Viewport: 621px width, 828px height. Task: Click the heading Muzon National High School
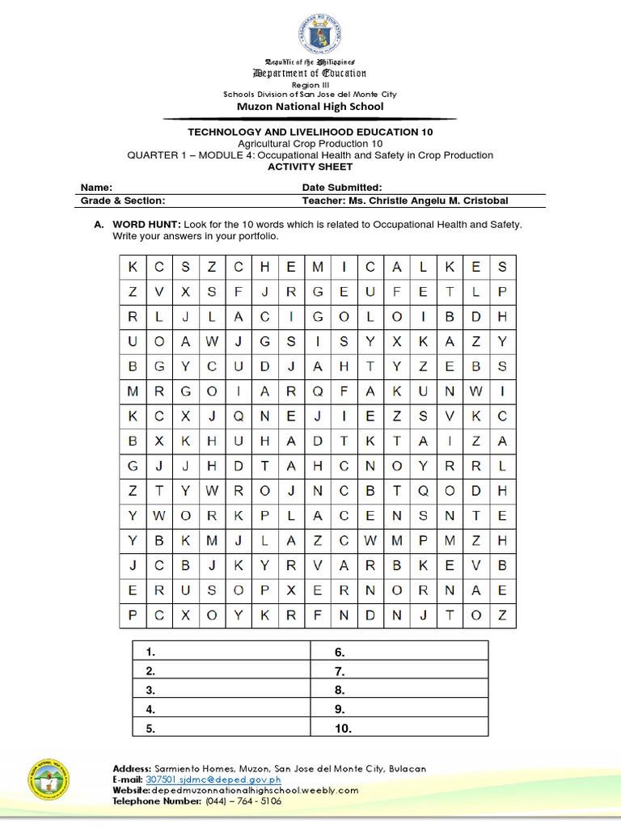click(x=310, y=106)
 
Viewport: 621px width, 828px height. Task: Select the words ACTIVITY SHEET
click(x=310, y=167)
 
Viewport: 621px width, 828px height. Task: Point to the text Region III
click(x=310, y=84)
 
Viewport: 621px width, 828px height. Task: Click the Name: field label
click(x=96, y=187)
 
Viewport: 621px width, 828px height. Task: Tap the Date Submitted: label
click(x=336, y=187)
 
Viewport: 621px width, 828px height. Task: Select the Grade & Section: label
click(x=123, y=201)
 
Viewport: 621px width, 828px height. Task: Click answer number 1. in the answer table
click(x=150, y=652)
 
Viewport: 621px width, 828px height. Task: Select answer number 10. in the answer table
click(x=343, y=729)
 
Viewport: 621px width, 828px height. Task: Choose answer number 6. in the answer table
click(x=340, y=652)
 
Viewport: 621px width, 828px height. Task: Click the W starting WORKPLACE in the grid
click(x=159, y=514)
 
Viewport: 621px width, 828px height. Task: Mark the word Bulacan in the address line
click(x=408, y=768)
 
